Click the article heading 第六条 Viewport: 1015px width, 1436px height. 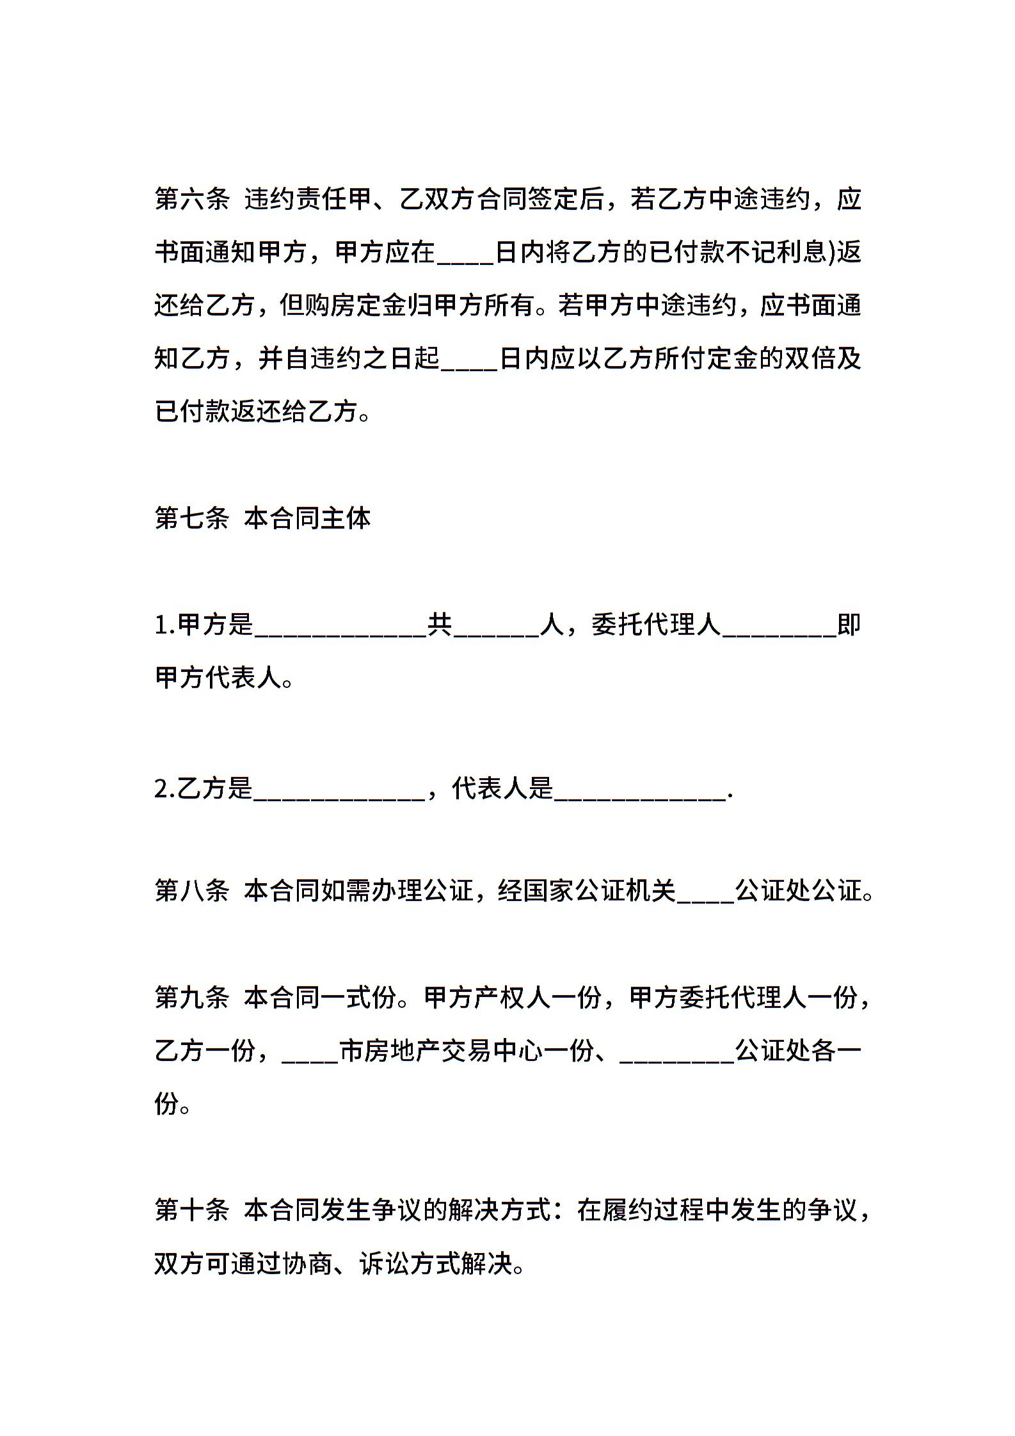tap(192, 199)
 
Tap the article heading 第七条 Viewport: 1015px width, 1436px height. tap(192, 518)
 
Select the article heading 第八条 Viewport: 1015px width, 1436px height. tap(192, 890)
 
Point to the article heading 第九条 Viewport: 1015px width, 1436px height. tap(192, 996)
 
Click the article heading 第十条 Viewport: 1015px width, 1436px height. tap(192, 1209)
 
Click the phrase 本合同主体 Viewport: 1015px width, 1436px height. tap(308, 518)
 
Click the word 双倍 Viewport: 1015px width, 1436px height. tap(810, 358)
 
